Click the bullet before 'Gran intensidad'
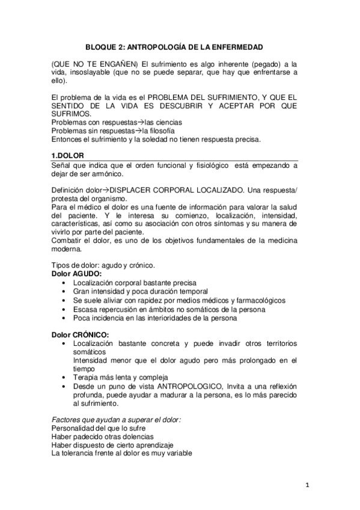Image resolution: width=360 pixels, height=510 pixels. [x=64, y=292]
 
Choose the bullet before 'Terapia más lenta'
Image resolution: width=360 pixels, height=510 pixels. [x=64, y=377]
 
